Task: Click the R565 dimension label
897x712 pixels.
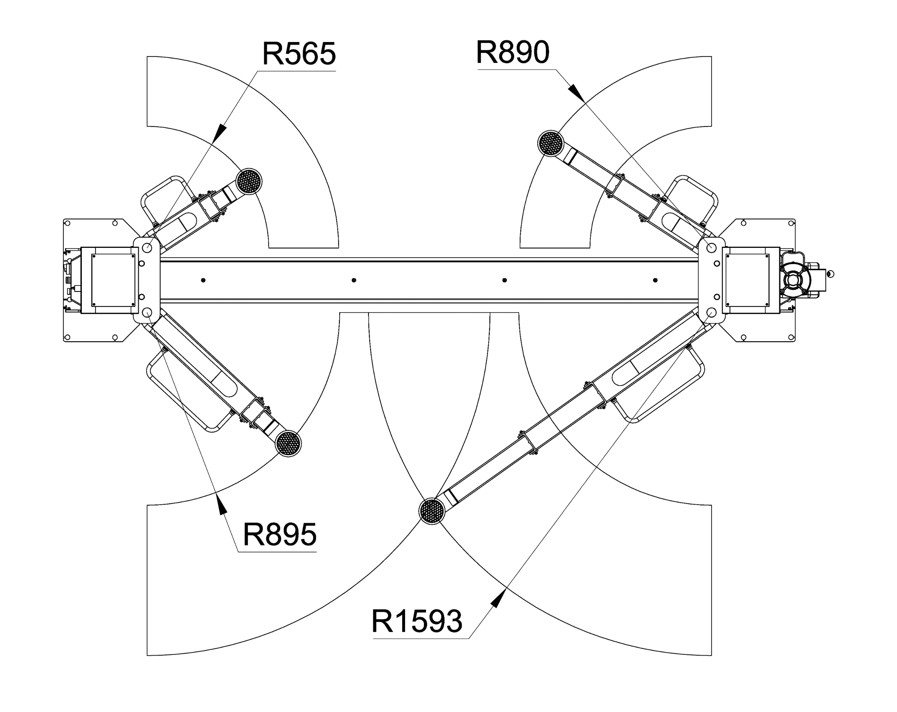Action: point(299,54)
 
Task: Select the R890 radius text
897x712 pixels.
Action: point(513,52)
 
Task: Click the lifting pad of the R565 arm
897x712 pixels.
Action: point(249,181)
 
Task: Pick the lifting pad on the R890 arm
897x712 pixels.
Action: point(551,143)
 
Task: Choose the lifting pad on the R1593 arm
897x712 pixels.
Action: point(432,511)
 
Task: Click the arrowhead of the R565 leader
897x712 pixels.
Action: point(220,133)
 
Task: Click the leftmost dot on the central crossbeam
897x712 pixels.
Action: point(203,280)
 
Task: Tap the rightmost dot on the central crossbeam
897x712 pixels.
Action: point(655,280)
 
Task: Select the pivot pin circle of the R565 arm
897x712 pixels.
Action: point(147,248)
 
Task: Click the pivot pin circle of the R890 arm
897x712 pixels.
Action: point(711,248)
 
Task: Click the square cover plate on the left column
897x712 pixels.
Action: point(113,280)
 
